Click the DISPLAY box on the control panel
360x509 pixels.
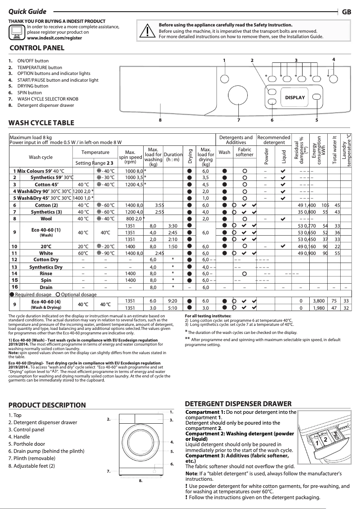[294, 97]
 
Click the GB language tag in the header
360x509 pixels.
[346, 12]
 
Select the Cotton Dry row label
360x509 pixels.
[46, 259]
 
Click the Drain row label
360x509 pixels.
[46, 287]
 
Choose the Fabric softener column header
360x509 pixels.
[245, 152]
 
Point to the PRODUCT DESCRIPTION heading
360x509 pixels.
[47, 405]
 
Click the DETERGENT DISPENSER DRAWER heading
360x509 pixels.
[238, 404]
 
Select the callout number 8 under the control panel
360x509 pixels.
[160, 120]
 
